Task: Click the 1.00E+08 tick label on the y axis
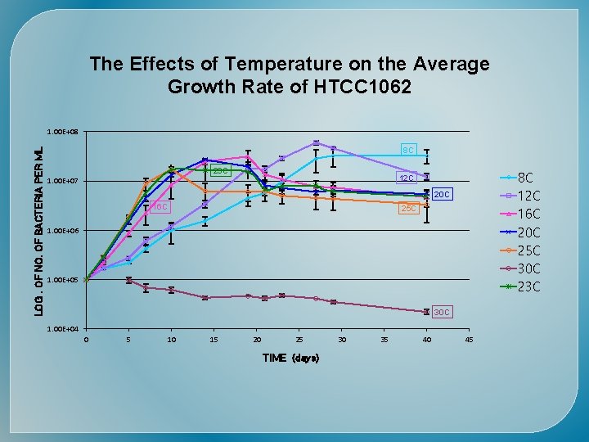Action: (62, 132)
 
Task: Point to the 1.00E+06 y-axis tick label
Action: (62, 231)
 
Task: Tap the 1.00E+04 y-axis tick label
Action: (62, 329)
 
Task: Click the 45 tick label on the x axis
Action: (468, 340)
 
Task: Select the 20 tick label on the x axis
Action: (257, 340)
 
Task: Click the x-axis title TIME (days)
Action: (290, 359)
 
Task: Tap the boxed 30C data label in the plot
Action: (441, 313)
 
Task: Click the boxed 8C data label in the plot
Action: (409, 150)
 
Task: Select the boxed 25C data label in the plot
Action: (408, 210)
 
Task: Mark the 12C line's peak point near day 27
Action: (316, 143)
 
